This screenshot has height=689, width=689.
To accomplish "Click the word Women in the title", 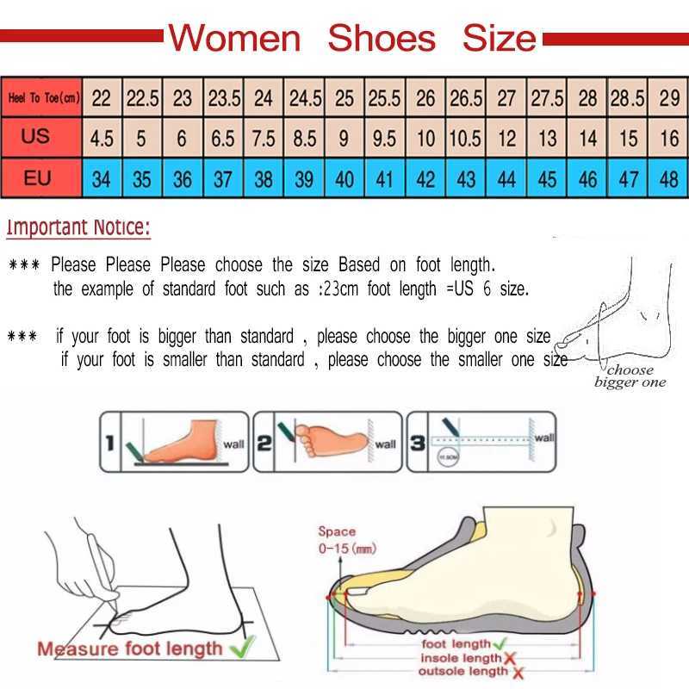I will [234, 39].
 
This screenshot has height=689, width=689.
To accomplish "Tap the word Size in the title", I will [499, 39].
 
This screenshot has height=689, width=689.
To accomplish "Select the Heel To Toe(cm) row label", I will [43, 97].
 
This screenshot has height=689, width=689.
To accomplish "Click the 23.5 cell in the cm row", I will [224, 97].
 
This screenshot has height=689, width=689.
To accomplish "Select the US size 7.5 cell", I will [264, 138].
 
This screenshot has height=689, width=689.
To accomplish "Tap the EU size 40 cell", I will [344, 180].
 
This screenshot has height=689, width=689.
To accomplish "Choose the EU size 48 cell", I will [669, 180].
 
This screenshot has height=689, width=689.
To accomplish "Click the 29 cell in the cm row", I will [669, 97].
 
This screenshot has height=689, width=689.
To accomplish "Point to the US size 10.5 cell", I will [466, 138].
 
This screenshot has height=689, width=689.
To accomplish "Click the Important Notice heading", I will [78, 228].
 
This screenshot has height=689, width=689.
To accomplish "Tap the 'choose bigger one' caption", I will [630, 376].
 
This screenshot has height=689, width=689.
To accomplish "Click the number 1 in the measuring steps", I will [110, 444].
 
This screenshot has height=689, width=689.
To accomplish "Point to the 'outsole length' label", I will [464, 672].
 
